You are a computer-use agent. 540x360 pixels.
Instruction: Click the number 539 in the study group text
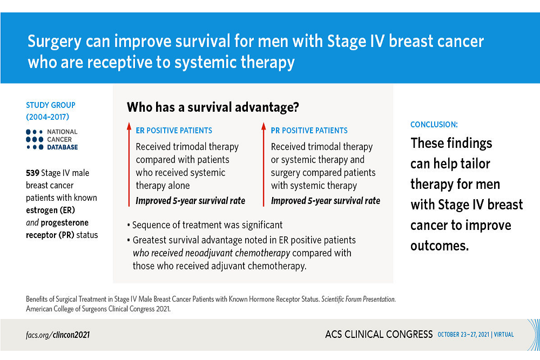coord(32,173)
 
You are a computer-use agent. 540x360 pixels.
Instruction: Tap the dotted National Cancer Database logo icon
coord(35,139)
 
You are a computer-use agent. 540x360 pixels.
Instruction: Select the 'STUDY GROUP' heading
coord(51,105)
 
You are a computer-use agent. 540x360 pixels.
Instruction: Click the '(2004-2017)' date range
coord(48,117)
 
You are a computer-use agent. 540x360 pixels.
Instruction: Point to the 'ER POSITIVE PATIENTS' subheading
coord(174,131)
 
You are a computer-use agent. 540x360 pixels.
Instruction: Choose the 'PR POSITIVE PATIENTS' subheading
coord(309,131)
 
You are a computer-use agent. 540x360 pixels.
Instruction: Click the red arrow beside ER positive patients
coord(129,165)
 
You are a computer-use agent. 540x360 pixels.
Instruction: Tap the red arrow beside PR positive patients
coord(264,165)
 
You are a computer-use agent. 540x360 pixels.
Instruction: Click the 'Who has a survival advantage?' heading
coord(213,107)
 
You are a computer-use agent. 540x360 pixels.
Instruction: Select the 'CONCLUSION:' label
coord(434,125)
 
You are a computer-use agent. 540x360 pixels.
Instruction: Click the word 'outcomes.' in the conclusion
coord(440,246)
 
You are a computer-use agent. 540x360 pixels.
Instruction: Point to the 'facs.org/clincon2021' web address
coord(58,335)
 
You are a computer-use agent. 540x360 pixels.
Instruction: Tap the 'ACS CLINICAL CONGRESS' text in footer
coord(379,334)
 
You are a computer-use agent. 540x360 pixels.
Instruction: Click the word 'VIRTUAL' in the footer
coord(504,335)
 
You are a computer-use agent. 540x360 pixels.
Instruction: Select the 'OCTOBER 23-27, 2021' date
coord(463,335)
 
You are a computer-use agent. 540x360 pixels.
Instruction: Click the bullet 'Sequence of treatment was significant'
coord(205,225)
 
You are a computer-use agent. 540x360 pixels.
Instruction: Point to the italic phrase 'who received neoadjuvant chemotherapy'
coord(212,253)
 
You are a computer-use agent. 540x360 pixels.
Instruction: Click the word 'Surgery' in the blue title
coord(55,42)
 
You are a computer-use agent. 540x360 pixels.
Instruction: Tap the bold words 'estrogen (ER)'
coord(50,210)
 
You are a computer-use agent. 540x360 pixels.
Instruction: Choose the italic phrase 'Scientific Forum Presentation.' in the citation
coord(359,299)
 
